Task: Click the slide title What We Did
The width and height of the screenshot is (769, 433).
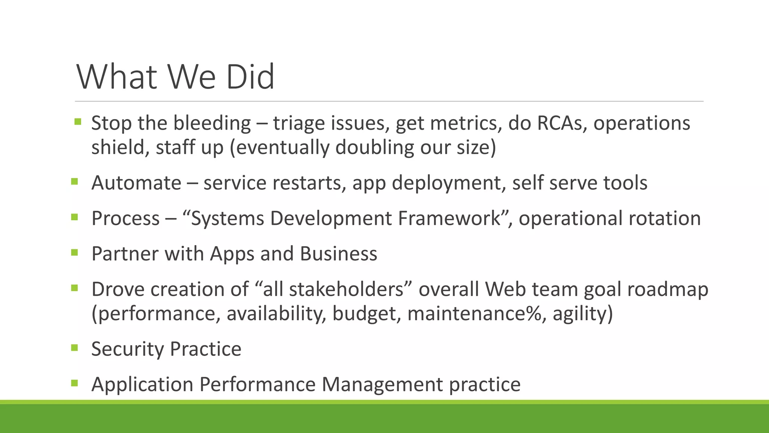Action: [175, 77]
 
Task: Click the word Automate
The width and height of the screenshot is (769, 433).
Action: [136, 183]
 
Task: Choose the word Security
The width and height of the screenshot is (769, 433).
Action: [127, 349]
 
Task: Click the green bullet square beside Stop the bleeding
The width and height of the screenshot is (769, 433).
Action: [78, 121]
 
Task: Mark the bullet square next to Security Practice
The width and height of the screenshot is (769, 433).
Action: [74, 348]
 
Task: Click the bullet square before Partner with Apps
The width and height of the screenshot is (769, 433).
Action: [74, 252]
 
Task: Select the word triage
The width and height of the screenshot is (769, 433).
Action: [299, 123]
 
